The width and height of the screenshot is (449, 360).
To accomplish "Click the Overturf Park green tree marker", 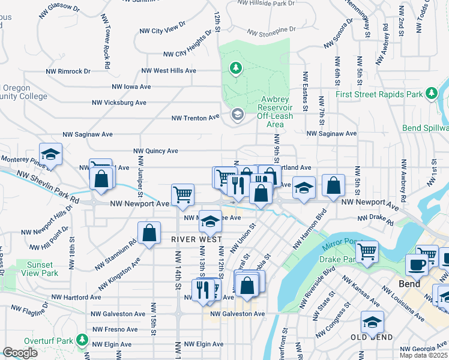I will coord(83,341).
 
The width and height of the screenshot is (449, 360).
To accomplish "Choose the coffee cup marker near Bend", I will coord(417,265).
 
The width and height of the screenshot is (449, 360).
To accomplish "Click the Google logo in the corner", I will coord(20,353).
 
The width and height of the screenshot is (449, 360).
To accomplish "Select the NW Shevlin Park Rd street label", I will coord(49,187).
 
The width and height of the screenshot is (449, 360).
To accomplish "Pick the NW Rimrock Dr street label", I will coord(68,71).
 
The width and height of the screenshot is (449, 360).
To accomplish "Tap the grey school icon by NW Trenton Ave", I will coord(237,115).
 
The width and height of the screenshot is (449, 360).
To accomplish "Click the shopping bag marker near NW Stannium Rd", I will coord(149,233).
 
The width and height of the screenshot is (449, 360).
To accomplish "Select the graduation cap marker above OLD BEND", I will coord(372,322).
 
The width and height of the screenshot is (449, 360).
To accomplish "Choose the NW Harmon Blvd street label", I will coord(309,230).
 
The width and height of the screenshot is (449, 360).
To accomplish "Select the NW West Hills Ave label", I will coord(169,71).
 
